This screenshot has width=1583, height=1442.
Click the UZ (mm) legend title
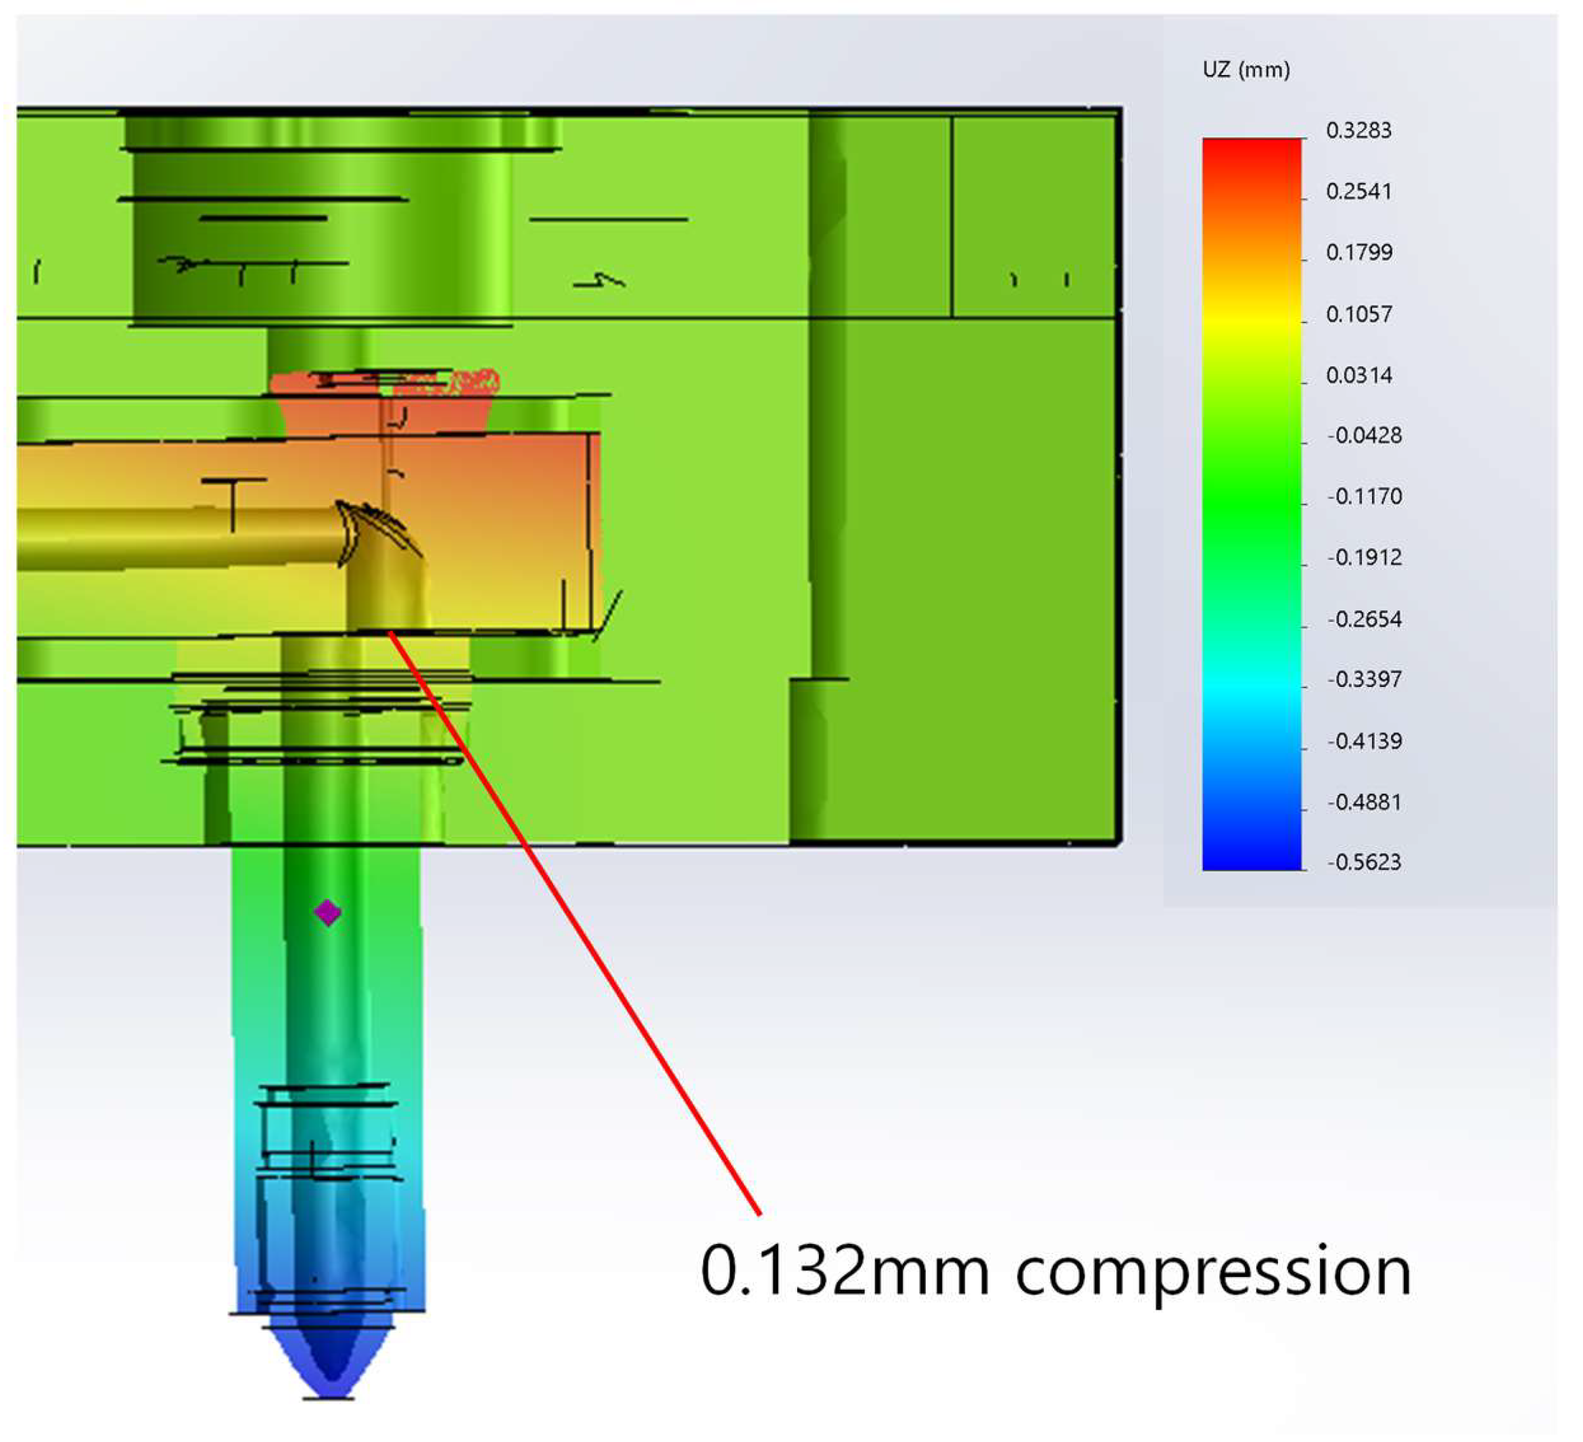pos(1246,70)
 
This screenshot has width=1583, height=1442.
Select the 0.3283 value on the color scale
pos(1358,130)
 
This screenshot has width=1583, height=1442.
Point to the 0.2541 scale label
pos(1358,191)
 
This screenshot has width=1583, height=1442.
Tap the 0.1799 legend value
pos(1359,252)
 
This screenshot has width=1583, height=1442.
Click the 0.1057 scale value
pos(1359,314)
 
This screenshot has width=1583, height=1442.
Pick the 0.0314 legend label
pos(1359,375)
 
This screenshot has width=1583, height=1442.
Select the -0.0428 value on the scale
pos(1364,435)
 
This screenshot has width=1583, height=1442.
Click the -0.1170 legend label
pos(1364,496)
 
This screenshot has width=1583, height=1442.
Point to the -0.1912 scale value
pos(1364,557)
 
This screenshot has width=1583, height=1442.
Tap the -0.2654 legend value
pos(1364,619)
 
